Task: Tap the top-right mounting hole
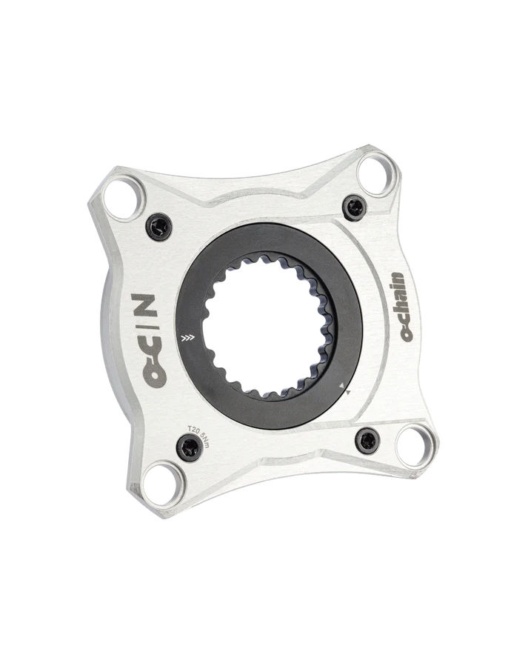click(376, 174)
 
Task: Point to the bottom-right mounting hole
click(415, 447)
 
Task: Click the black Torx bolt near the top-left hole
click(159, 227)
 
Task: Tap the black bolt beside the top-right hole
click(354, 207)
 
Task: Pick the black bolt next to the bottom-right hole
click(368, 441)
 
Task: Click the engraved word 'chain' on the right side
click(396, 295)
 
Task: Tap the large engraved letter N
click(144, 305)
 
